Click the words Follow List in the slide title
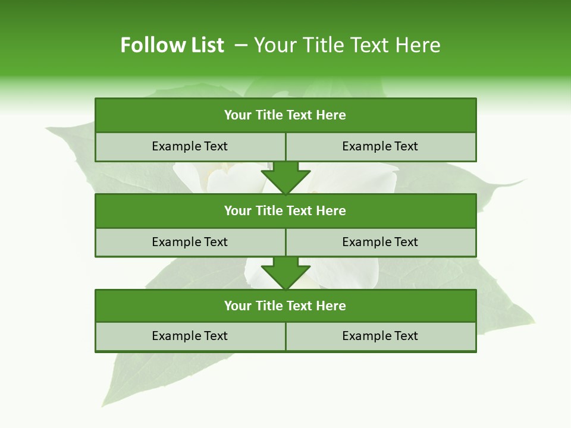(x=172, y=45)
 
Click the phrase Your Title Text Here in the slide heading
(x=347, y=45)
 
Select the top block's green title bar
(x=285, y=115)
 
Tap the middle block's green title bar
(x=285, y=211)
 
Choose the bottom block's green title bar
(x=285, y=306)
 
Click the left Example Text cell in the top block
(x=190, y=147)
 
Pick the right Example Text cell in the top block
(x=380, y=147)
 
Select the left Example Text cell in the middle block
(x=190, y=243)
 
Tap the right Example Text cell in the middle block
(x=380, y=243)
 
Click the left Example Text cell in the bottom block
(x=190, y=336)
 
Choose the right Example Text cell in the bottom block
(x=380, y=336)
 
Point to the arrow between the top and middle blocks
(x=285, y=178)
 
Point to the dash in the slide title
(x=241, y=45)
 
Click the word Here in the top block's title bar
(x=331, y=115)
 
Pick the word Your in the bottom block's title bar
(x=238, y=306)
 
